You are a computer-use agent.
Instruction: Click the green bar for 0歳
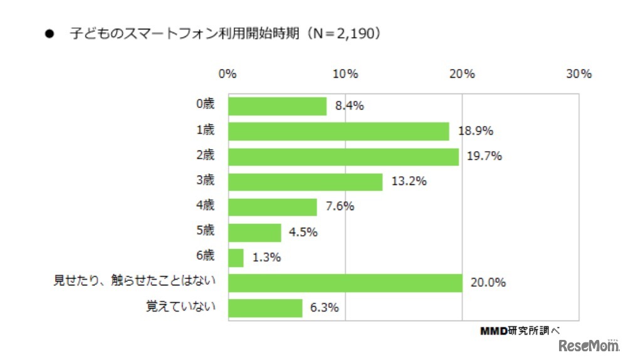tap(277, 106)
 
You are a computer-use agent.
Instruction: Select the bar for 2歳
tap(343, 157)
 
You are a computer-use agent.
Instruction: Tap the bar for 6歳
tap(236, 257)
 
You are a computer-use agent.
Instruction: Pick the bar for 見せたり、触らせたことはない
tap(345, 283)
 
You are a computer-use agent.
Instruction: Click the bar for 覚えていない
tap(265, 308)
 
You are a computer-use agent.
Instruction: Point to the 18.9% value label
tap(475, 131)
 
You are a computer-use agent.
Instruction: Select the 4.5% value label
tap(303, 232)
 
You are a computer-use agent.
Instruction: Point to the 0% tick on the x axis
tap(228, 74)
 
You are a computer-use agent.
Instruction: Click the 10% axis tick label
tap(345, 74)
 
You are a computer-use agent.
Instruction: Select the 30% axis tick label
tap(578, 74)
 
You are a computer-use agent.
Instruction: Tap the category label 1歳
tap(205, 130)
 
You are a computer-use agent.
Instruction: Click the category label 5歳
tap(205, 230)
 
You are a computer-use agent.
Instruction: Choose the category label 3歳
tap(205, 181)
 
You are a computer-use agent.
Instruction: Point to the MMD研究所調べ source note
tap(520, 329)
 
